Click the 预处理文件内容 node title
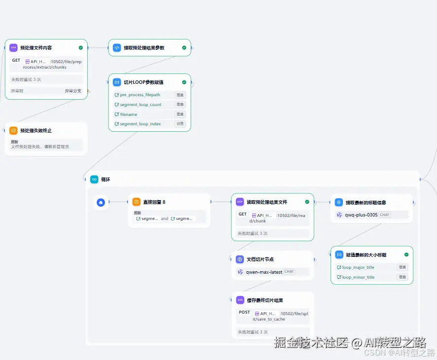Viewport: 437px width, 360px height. (36, 48)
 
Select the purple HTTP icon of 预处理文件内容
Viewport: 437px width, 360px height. (13, 48)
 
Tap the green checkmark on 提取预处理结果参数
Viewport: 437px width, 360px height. (184, 48)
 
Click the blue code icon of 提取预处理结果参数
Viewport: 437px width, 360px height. (117, 48)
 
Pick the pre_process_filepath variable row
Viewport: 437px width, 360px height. (140, 95)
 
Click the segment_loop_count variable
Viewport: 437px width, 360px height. (140, 105)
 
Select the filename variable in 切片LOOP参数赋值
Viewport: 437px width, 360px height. (129, 114)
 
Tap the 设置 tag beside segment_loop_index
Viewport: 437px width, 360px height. (180, 124)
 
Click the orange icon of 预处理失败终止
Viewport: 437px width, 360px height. (13, 131)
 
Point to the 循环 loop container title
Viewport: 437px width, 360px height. (105, 180)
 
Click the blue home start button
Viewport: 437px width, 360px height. (101, 202)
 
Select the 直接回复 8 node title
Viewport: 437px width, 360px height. (154, 202)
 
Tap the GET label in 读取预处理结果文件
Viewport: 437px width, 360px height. (242, 215)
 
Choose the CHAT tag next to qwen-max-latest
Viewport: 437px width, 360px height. (289, 272)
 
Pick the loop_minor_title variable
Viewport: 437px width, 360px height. (358, 277)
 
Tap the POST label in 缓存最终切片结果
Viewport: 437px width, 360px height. (244, 313)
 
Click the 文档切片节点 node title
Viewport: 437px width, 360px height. (260, 259)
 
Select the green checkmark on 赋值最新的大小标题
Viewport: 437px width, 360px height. (406, 254)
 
